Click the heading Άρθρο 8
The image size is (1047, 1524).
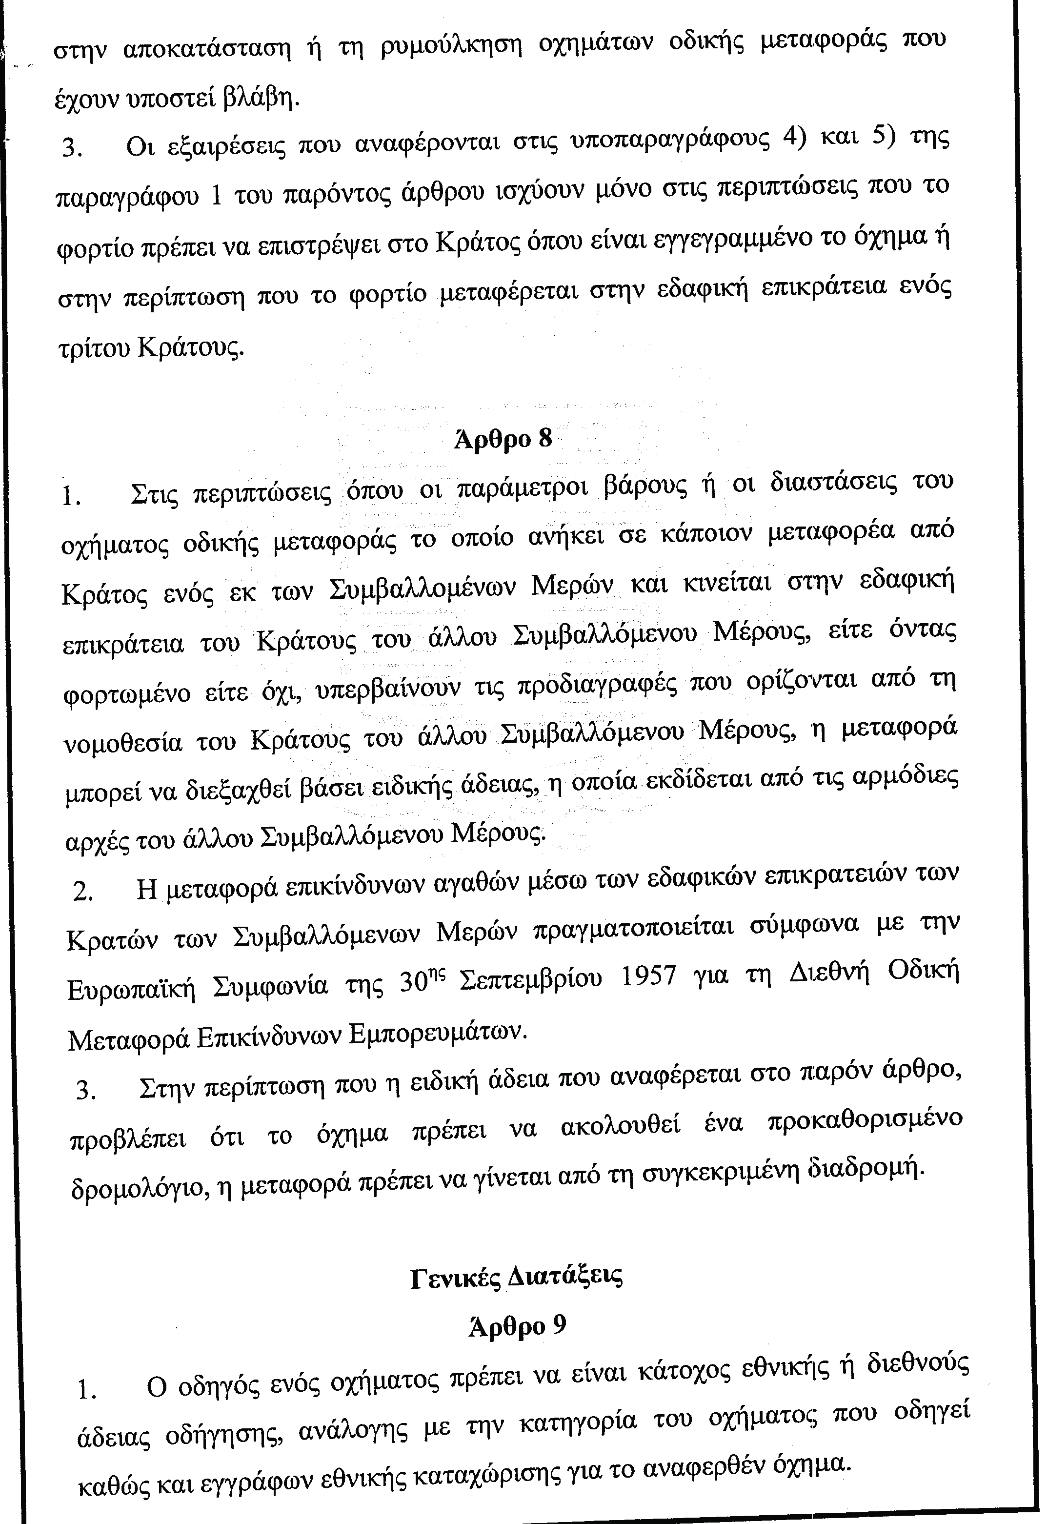503,439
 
